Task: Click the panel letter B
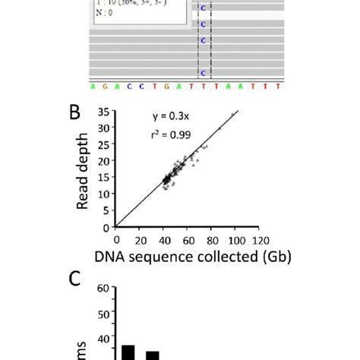click(76, 114)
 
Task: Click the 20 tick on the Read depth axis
click(105, 161)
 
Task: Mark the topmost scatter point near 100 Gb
click(232, 115)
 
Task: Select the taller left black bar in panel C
click(128, 352)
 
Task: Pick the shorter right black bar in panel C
click(153, 355)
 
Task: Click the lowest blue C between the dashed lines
click(202, 73)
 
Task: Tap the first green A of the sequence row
click(93, 87)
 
